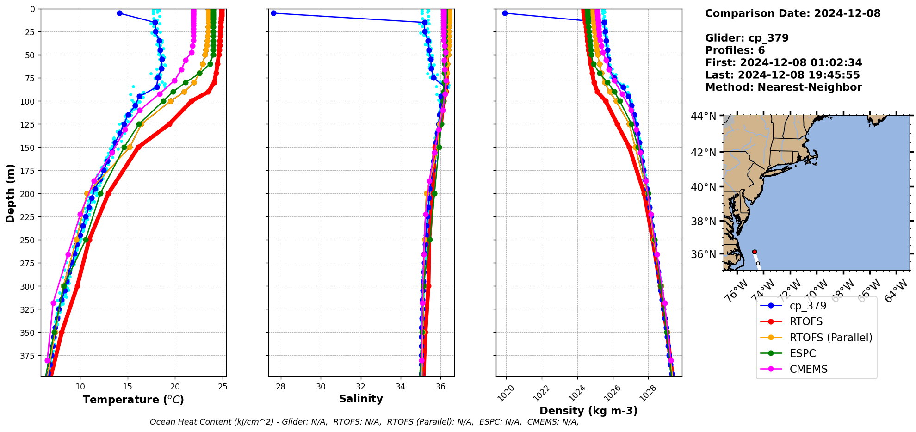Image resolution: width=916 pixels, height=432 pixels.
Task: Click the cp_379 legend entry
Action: point(808,306)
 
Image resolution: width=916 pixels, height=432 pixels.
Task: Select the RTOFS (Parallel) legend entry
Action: point(830,338)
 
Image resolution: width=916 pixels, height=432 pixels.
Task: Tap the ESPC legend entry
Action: point(803,353)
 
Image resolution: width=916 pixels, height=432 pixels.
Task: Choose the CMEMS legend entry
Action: point(808,369)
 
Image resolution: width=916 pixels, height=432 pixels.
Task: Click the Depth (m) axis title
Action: point(10,193)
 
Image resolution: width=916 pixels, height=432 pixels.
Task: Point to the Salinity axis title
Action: point(361,399)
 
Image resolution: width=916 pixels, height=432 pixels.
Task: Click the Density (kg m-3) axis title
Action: point(588,411)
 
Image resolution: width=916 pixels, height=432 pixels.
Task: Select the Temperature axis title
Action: point(133,400)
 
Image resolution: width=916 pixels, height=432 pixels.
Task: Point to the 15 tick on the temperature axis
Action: point(128,387)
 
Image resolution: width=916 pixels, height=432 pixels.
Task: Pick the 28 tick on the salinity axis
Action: point(280,387)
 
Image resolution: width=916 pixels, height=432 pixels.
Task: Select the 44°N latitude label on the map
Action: point(703,116)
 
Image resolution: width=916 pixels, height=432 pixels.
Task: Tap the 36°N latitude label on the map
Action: point(703,254)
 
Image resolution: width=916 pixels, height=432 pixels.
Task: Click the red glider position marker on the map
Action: point(755,252)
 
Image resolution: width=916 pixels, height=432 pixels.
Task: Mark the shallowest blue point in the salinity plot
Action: point(273,13)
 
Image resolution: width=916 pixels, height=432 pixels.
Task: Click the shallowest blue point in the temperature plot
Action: point(119,13)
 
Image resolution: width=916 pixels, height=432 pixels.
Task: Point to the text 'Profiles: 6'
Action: point(735,50)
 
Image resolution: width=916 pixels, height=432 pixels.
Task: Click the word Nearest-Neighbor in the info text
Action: point(810,87)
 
